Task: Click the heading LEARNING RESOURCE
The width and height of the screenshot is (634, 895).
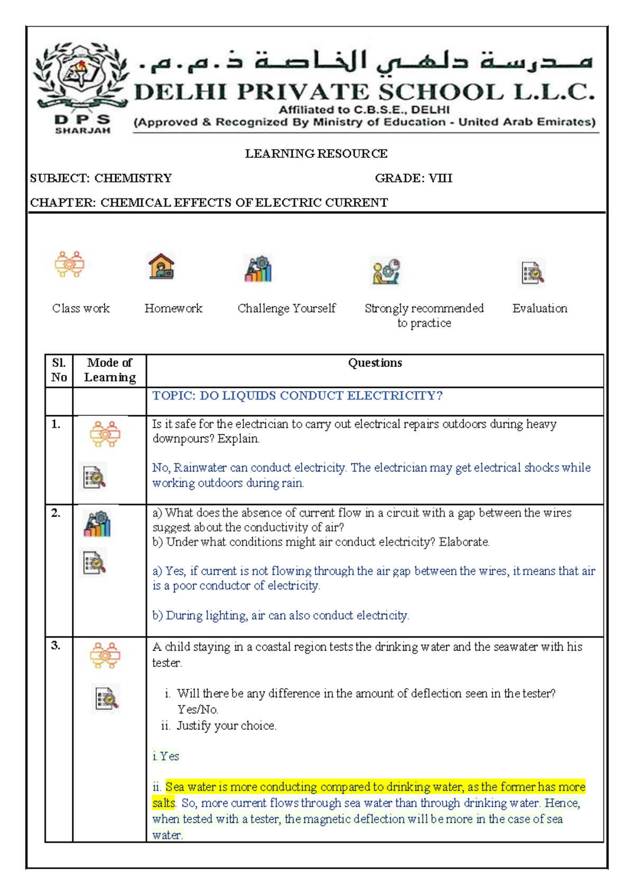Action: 316,154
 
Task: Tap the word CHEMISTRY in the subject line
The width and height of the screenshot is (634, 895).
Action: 133,178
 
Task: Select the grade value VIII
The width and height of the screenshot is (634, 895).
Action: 440,178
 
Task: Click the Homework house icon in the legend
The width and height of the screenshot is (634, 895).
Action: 161,266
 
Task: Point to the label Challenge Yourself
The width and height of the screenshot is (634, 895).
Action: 286,308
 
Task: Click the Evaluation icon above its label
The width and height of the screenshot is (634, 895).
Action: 533,272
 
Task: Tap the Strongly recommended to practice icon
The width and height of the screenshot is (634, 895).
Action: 386,271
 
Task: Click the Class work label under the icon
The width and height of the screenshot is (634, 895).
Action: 81,308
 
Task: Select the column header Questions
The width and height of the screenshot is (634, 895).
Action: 375,363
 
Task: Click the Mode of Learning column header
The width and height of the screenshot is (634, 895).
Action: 110,370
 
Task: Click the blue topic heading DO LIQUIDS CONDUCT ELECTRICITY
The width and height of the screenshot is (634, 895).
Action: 297,396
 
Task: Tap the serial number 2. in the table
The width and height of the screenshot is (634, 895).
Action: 56,513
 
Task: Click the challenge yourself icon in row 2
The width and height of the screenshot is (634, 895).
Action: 97,524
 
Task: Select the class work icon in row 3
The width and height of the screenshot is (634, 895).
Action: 105,656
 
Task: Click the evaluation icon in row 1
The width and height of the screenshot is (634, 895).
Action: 95,477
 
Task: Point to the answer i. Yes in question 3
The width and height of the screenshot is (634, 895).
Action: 166,756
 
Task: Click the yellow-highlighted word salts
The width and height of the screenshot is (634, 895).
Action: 163,803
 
